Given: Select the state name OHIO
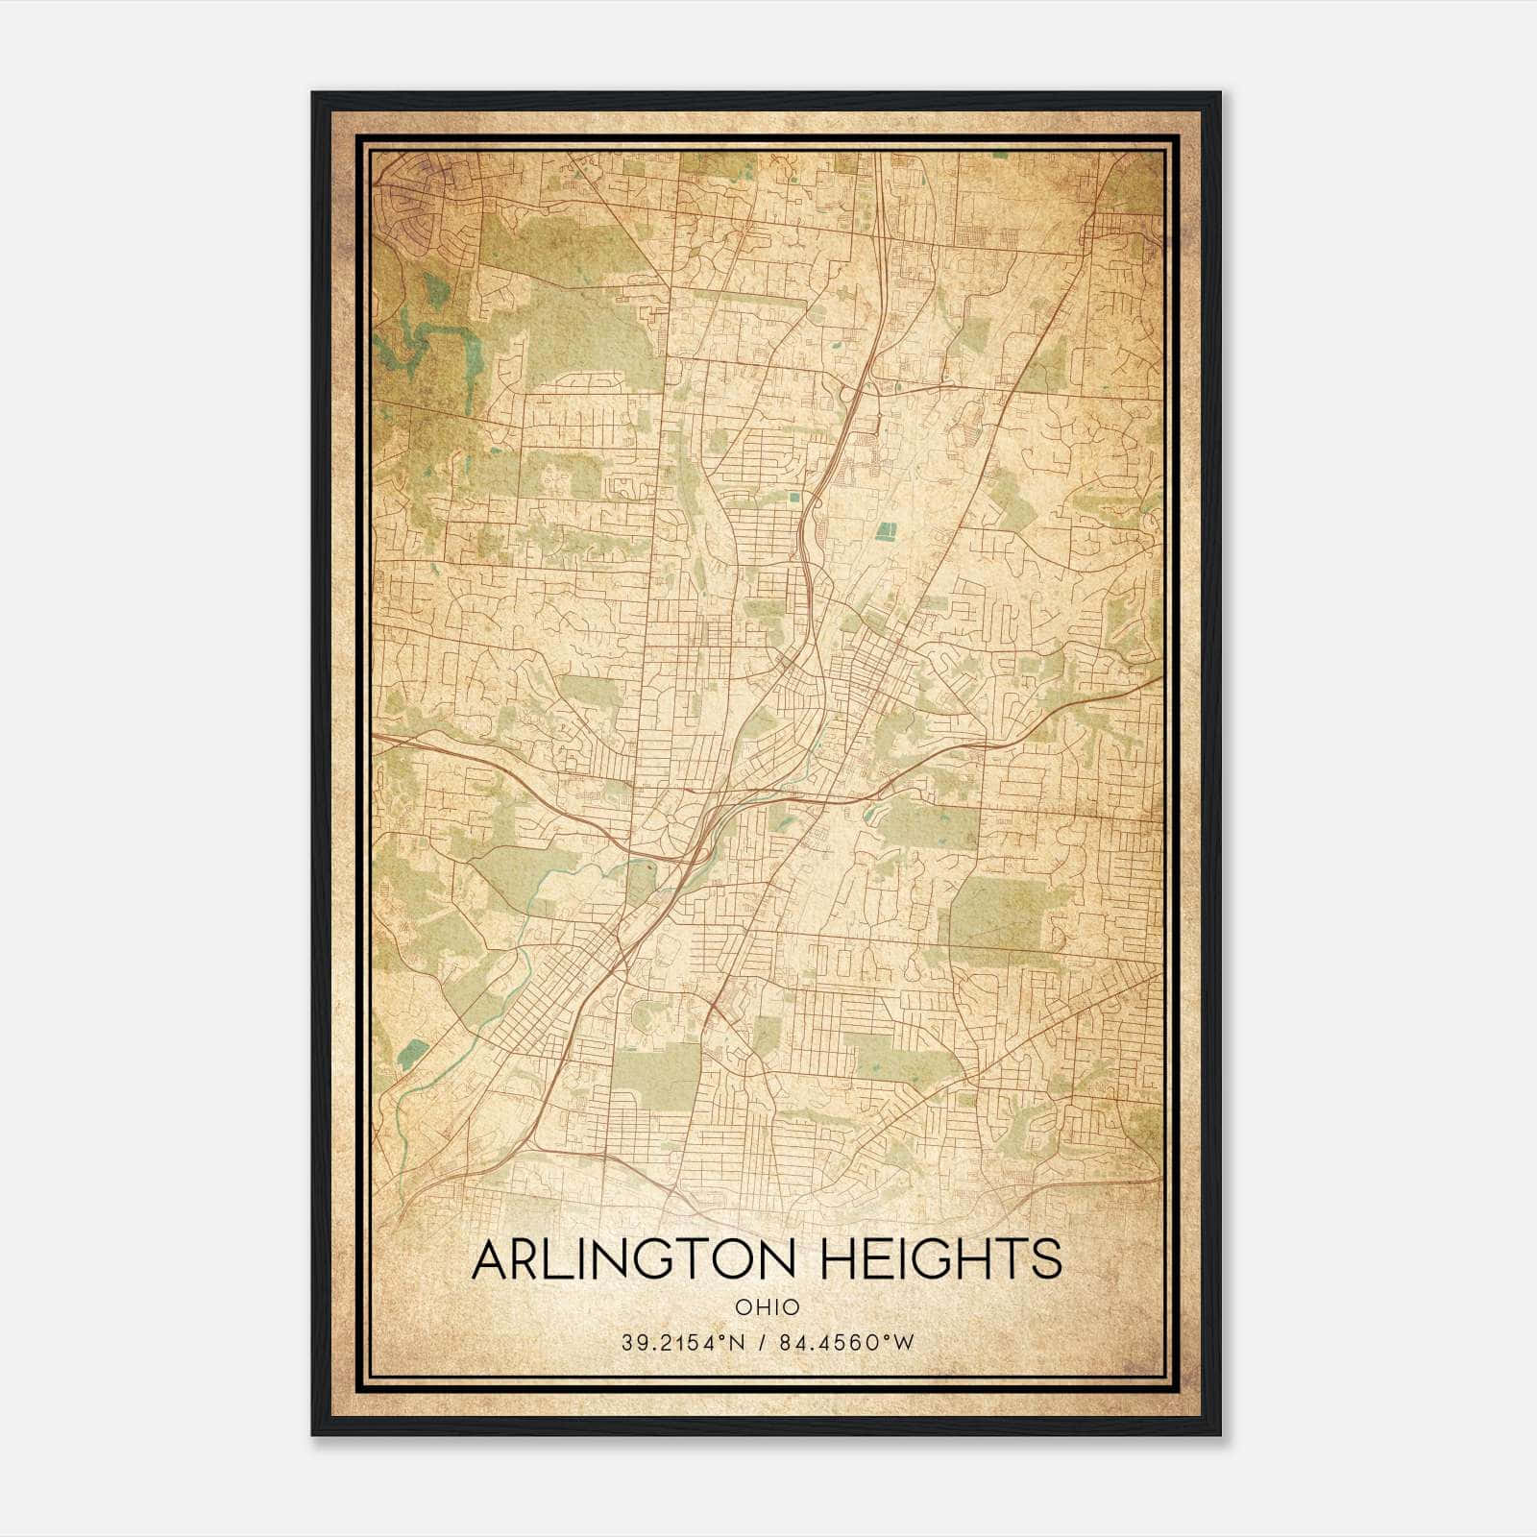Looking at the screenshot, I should pos(767,1306).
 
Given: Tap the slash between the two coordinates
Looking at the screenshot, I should pos(763,1343).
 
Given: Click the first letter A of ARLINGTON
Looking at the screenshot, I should pos(491,1259).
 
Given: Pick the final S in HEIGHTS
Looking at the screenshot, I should pos(1046,1259).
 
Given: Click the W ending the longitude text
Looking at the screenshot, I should pos(904,1343).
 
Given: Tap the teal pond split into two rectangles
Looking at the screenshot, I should pos(882,530).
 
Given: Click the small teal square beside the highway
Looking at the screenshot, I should pos(793,498).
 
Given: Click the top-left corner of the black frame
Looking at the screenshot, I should pos(313,94).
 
